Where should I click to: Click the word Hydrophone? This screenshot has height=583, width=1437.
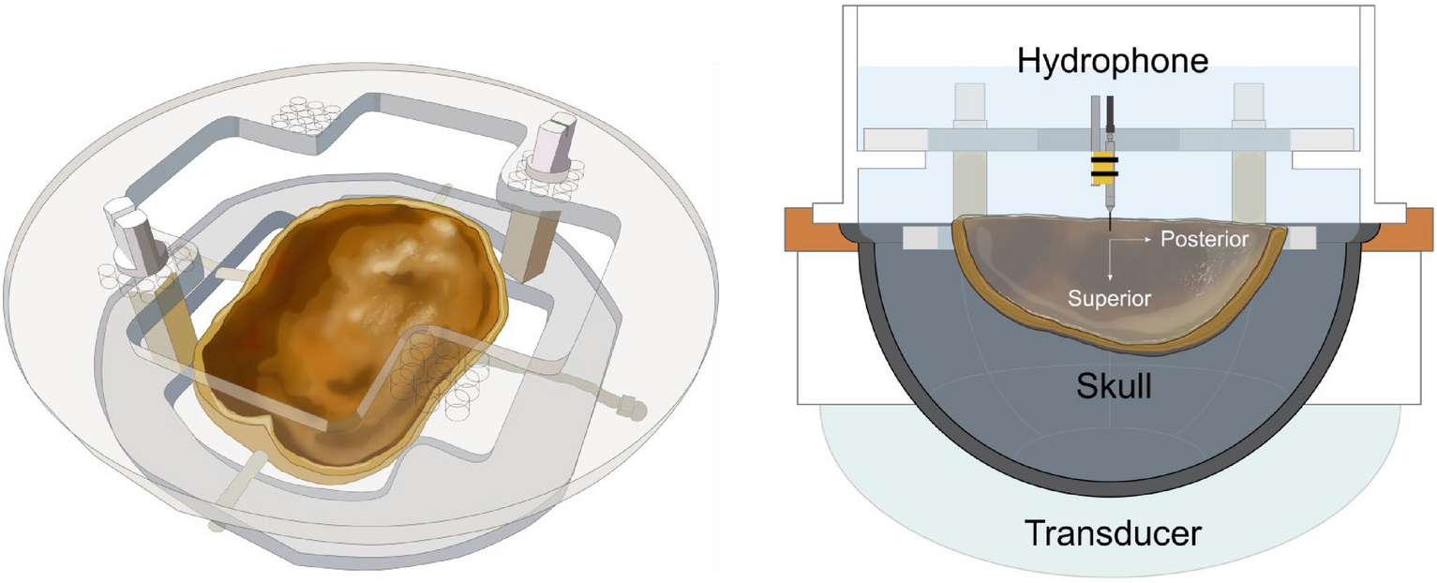pyautogui.click(x=1113, y=63)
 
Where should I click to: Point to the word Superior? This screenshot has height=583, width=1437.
pyautogui.click(x=1111, y=296)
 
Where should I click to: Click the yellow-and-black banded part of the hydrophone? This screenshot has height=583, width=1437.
pyautogui.click(x=1103, y=167)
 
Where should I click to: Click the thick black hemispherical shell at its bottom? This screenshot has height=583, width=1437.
pyautogui.click(x=1111, y=491)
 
